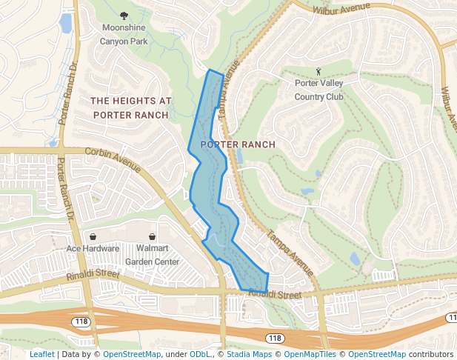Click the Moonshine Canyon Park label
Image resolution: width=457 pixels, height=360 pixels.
[x=124, y=34]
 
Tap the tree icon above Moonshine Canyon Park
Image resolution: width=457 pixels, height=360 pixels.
[x=124, y=16]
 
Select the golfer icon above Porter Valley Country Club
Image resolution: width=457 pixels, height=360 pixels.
[x=318, y=72]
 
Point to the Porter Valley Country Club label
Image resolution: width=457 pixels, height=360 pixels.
[x=318, y=90]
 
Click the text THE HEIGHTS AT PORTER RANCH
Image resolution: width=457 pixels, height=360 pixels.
[x=130, y=107]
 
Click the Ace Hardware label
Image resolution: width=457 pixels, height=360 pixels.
[x=93, y=248]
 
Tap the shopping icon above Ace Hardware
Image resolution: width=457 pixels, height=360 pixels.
[x=93, y=236]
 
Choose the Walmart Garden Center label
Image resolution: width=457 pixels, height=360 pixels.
[x=152, y=255]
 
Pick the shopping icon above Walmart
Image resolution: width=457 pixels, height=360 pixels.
[x=153, y=236]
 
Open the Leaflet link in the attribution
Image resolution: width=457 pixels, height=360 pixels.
[x=41, y=354]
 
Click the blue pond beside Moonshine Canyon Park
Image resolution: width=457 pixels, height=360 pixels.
[x=65, y=24]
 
